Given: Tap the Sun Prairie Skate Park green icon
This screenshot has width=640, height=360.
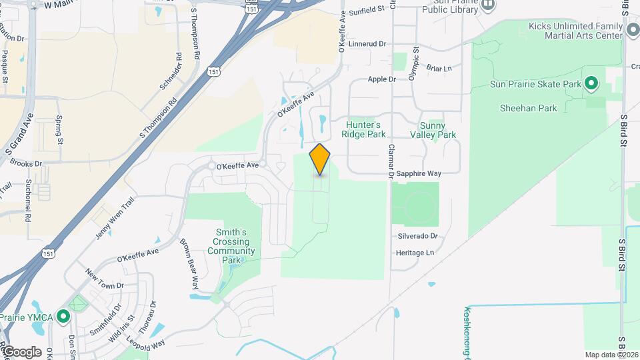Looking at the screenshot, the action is pyautogui.click(x=591, y=84).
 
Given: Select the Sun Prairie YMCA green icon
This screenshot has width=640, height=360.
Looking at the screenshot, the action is pyautogui.click(x=63, y=315).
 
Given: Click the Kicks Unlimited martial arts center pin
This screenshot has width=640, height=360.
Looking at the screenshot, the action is pyautogui.click(x=633, y=31).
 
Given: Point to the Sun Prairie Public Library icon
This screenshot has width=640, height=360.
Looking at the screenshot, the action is pyautogui.click(x=488, y=5).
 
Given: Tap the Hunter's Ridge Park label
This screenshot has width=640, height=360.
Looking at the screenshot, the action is pyautogui.click(x=363, y=129).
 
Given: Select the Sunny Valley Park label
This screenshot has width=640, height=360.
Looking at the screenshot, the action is pyautogui.click(x=437, y=130).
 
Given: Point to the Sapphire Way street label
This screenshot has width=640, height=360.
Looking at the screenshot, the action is pyautogui.click(x=419, y=173).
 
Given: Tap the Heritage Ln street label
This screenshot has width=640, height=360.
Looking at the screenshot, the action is pyautogui.click(x=415, y=253).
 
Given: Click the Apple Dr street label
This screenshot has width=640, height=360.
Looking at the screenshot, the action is pyautogui.click(x=382, y=79).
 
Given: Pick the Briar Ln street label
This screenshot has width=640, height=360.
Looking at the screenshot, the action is pyautogui.click(x=439, y=68).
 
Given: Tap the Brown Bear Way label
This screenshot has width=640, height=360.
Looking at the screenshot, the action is pyautogui.click(x=189, y=263).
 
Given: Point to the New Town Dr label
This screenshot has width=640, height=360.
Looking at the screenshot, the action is pyautogui.click(x=105, y=279).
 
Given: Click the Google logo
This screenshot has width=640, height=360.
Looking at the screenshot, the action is pyautogui.click(x=21, y=351).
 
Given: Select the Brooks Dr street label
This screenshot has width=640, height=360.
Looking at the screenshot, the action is pyautogui.click(x=26, y=163).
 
